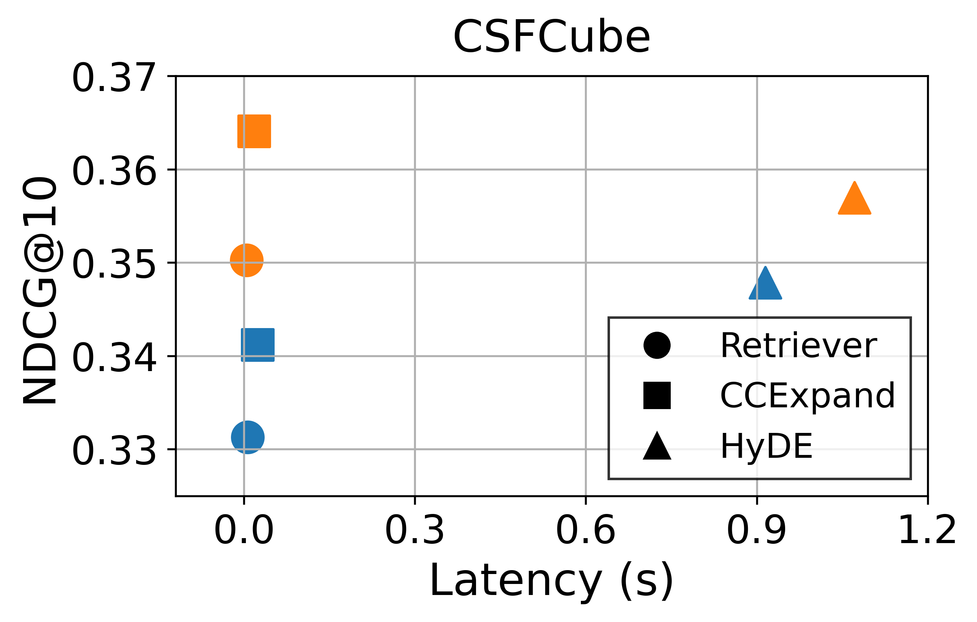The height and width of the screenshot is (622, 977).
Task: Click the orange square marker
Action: click(254, 131)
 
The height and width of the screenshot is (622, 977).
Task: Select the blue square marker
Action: click(258, 345)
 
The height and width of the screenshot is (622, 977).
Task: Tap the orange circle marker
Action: click(247, 260)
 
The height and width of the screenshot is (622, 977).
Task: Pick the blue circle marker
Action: click(248, 437)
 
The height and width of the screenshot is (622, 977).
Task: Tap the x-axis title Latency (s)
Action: click(551, 581)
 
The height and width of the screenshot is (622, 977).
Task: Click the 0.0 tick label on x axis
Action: click(244, 531)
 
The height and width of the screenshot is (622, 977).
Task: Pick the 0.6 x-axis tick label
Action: click(585, 531)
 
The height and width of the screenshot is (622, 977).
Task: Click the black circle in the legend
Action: click(657, 345)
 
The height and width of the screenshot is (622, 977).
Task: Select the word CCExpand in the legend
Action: click(808, 396)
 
